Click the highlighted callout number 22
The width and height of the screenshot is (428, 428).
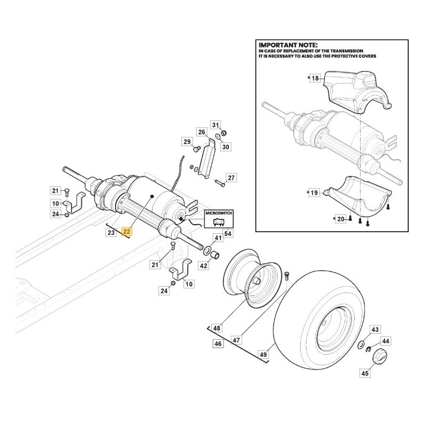(x=126, y=232)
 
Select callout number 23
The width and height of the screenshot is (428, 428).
(x=111, y=232)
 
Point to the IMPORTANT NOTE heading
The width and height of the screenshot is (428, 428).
(x=288, y=45)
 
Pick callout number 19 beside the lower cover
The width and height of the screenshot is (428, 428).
(x=315, y=192)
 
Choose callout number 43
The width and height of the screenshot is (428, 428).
(x=375, y=330)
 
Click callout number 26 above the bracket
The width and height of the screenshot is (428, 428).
(x=201, y=132)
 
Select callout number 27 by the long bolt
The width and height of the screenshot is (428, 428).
(x=231, y=178)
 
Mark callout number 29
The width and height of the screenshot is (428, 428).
(x=187, y=142)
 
